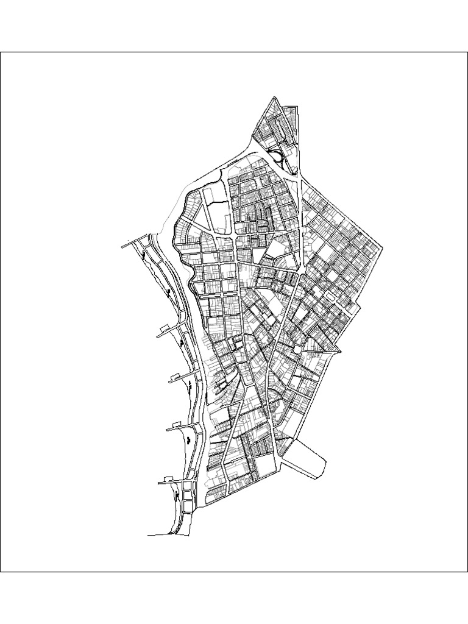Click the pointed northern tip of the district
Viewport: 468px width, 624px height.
[x=275, y=97]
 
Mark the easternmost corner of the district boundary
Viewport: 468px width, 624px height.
[x=383, y=248]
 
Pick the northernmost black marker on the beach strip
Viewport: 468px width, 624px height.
[x=144, y=255]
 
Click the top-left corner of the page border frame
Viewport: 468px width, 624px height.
[x=1, y=52]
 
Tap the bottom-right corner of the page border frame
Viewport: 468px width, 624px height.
[x=467, y=572]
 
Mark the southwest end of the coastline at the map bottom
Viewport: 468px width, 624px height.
[x=149, y=536]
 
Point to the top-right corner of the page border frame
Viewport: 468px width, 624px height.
[x=467, y=52]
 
